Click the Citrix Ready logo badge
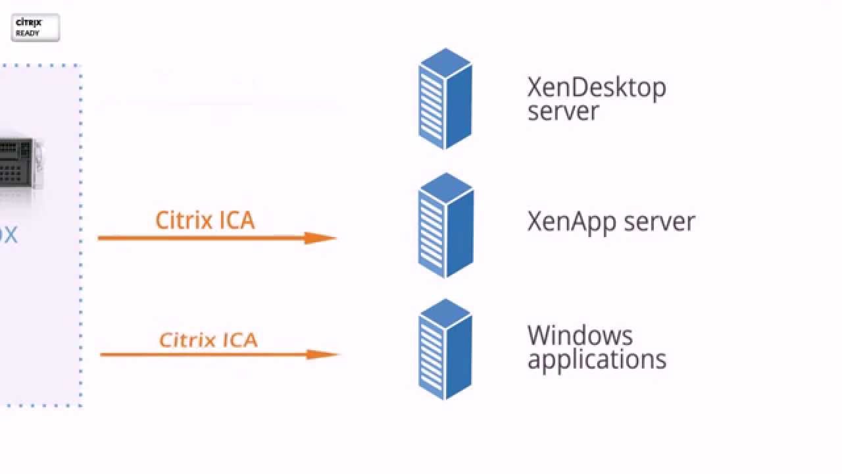[36, 28]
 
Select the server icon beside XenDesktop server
[445, 99]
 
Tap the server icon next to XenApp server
[445, 225]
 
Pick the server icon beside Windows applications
[445, 349]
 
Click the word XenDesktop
[596, 87]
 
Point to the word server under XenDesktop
[563, 111]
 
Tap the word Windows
[580, 336]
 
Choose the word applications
[597, 360]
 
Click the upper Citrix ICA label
[205, 220]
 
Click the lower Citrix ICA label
[209, 340]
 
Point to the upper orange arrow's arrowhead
[321, 238]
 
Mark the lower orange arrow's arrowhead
[323, 354]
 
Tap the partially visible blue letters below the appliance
[9, 235]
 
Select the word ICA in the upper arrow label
[237, 220]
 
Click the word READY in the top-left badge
[27, 33]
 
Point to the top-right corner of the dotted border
[80, 66]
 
